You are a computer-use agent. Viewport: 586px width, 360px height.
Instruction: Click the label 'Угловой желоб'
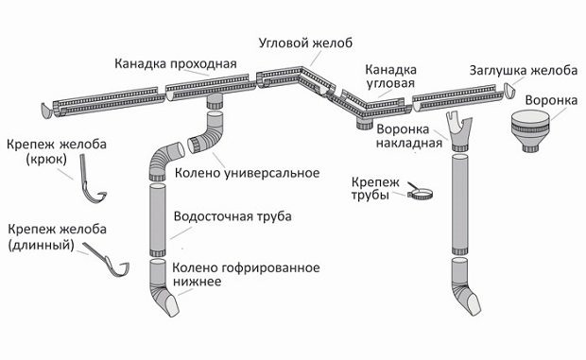(308, 43)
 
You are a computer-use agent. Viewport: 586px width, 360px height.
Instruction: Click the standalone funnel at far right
(534, 131)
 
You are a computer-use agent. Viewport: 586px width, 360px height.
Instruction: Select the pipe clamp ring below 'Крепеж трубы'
(420, 197)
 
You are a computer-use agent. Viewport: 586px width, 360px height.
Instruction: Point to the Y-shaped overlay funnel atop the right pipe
(460, 132)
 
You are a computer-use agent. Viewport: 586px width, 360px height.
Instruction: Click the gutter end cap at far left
(47, 110)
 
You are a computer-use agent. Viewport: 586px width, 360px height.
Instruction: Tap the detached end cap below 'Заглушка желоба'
(509, 92)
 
